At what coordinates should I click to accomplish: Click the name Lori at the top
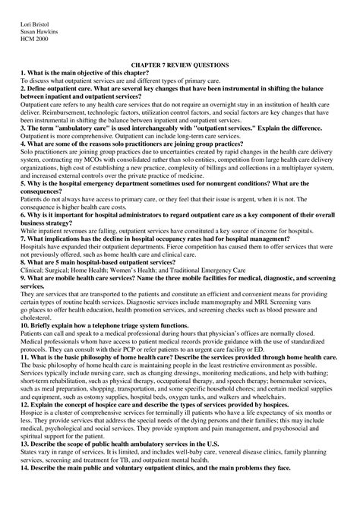coord(27,31)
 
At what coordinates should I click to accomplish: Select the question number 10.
coord(25,302)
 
